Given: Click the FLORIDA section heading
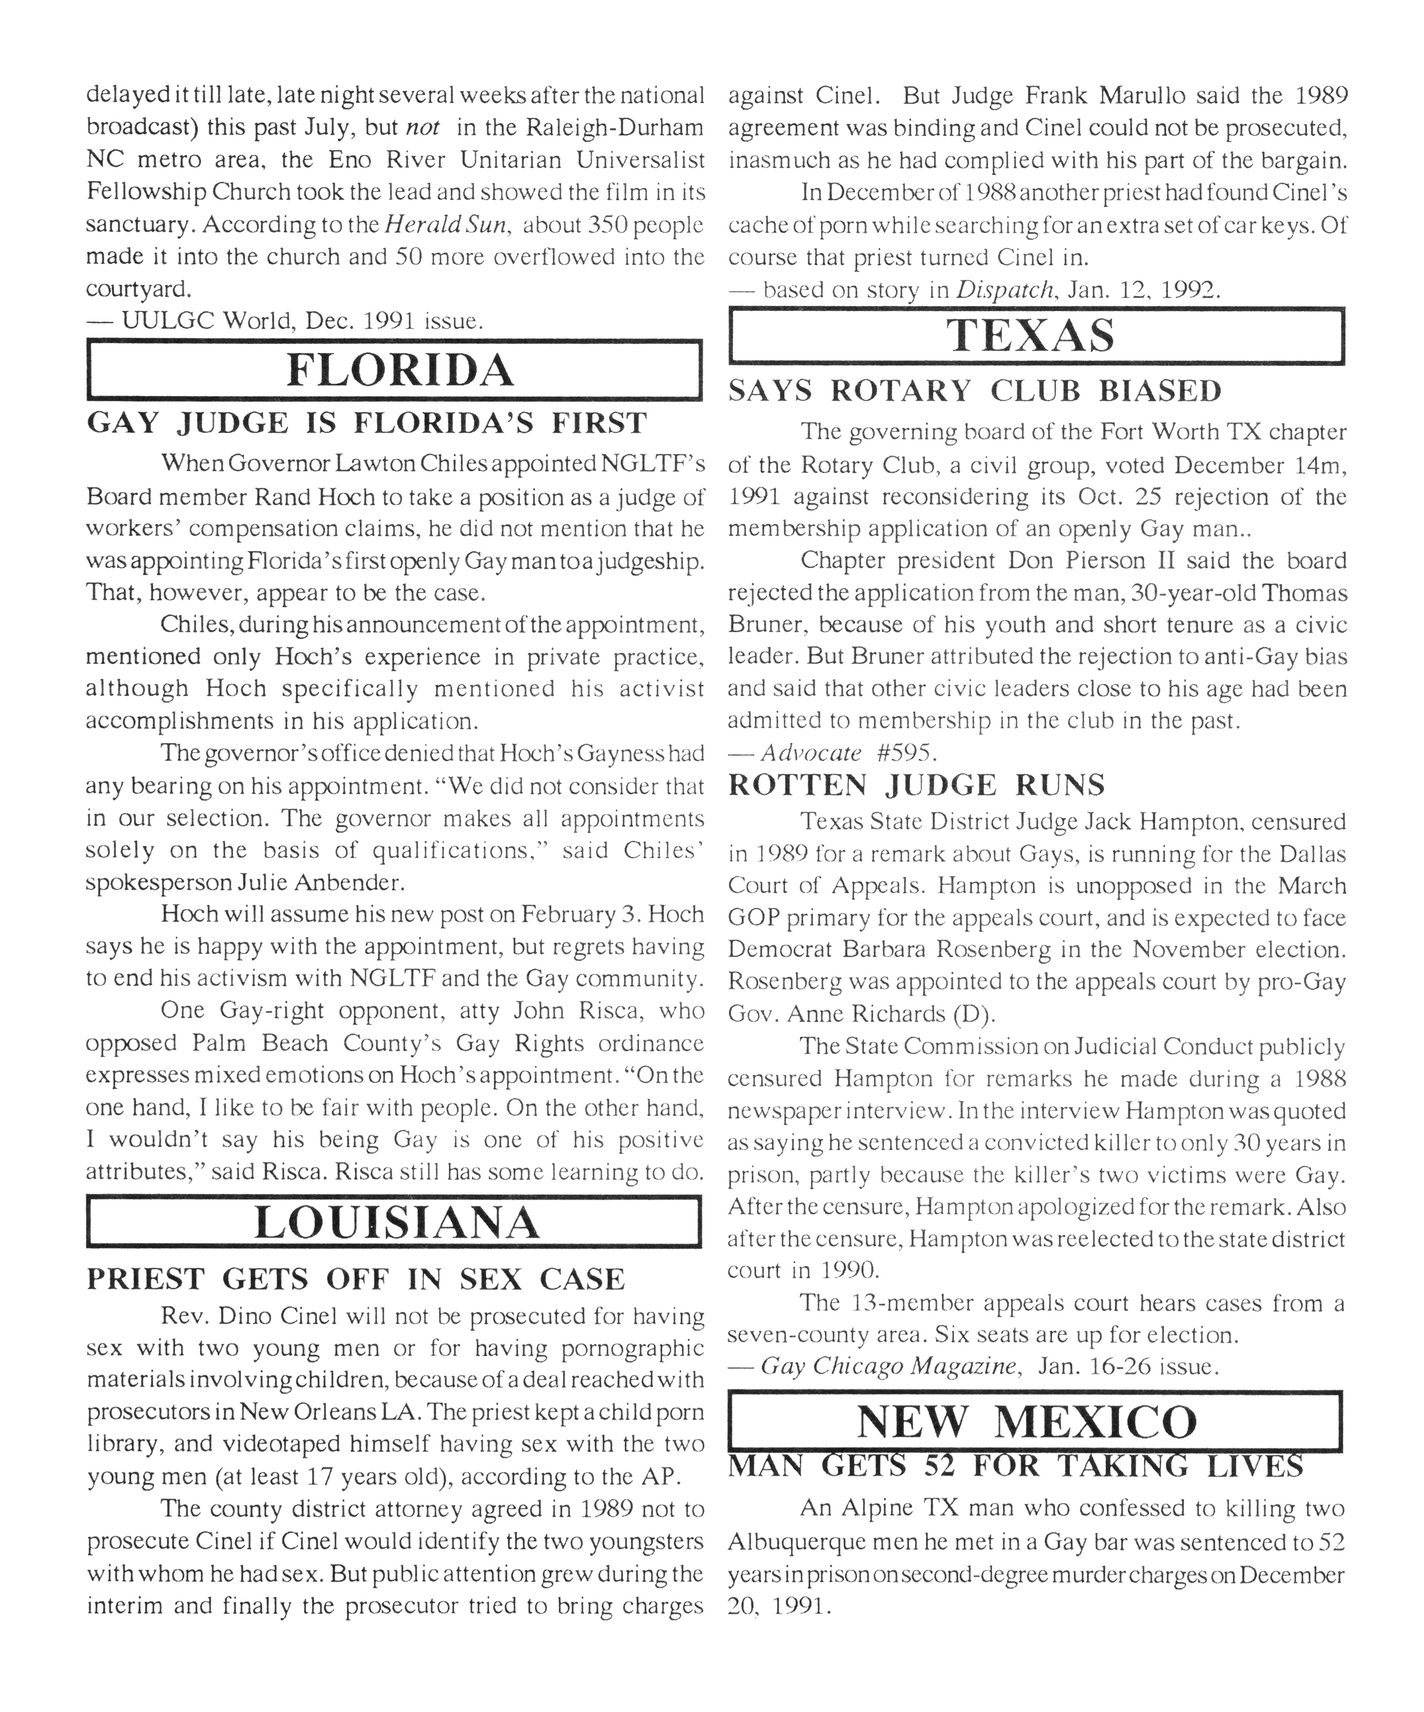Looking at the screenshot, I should pyautogui.click(x=399, y=371).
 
